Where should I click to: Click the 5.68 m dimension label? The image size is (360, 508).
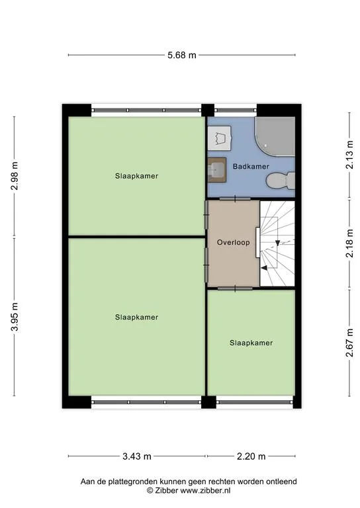(x=182, y=55)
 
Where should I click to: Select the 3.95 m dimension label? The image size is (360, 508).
(x=15, y=317)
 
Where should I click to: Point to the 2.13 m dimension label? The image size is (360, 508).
(x=349, y=155)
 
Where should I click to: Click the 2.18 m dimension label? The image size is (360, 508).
(x=349, y=243)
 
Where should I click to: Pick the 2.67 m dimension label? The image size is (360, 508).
(x=349, y=343)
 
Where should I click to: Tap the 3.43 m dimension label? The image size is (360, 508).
(x=137, y=456)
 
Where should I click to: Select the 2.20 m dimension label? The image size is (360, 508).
(x=251, y=456)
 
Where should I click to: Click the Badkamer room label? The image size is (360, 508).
(x=251, y=167)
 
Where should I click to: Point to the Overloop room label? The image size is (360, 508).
(x=234, y=242)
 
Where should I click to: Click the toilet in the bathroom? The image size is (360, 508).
(x=281, y=181)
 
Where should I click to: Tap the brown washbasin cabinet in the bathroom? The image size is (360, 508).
(x=216, y=170)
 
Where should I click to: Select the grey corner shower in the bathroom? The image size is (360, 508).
(x=275, y=137)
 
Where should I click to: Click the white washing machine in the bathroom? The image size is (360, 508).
(x=219, y=138)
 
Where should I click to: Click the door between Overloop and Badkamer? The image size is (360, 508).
(x=235, y=199)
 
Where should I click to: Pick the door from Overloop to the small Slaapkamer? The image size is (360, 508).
(x=235, y=288)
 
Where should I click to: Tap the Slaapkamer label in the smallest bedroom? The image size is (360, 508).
(x=251, y=343)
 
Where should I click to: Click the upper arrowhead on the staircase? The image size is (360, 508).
(x=278, y=243)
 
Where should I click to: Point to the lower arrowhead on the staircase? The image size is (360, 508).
(x=264, y=268)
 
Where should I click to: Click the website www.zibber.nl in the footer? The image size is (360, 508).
(x=205, y=491)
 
